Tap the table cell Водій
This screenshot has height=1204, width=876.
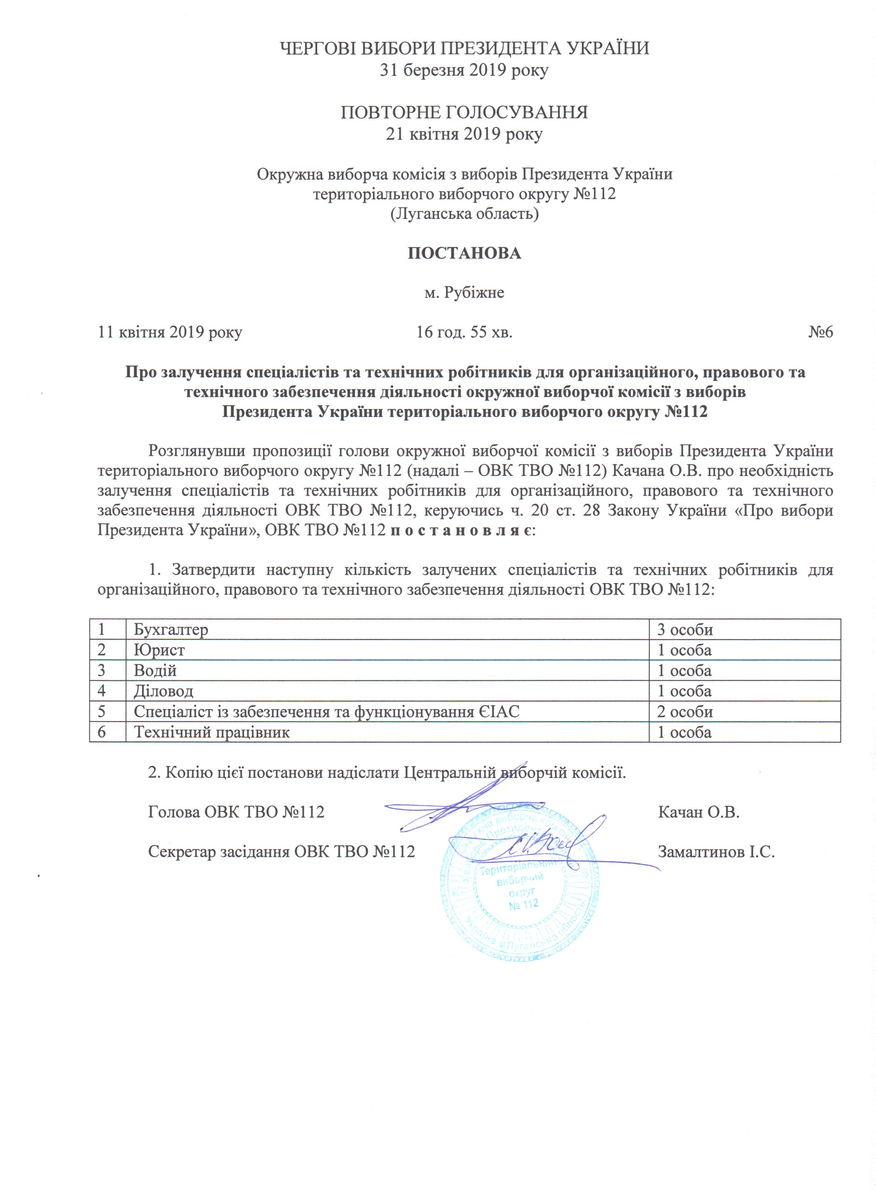point(155,671)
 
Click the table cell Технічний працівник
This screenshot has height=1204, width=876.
point(212,732)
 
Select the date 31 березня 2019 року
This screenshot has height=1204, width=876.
point(464,70)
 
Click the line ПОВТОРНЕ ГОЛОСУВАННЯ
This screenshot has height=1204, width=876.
point(464,113)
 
